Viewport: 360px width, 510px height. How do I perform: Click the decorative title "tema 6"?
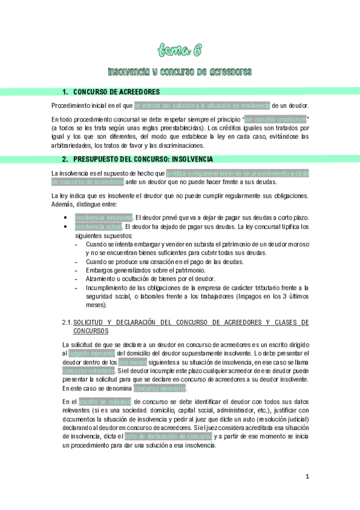[180, 49]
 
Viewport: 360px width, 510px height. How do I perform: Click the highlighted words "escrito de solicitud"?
[105, 401]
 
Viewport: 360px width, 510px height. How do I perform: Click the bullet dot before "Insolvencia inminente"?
[65, 218]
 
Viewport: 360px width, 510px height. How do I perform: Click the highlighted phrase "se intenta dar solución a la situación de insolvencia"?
[202, 105]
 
